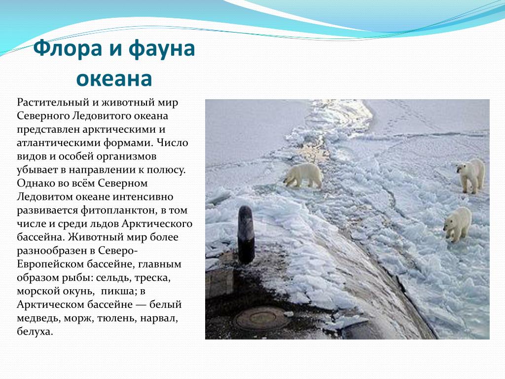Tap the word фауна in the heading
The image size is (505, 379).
coord(162,49)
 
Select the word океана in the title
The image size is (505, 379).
coord(114,78)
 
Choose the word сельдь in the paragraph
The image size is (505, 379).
coord(113,277)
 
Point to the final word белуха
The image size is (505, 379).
coord(35,332)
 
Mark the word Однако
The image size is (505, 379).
coord(36,183)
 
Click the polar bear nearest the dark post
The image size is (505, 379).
coord(303,175)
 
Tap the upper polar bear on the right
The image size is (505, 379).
coord(471,175)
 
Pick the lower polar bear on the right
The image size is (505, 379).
coord(457,224)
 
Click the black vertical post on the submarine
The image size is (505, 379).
coord(246,234)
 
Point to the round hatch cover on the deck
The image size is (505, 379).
coord(260,318)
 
